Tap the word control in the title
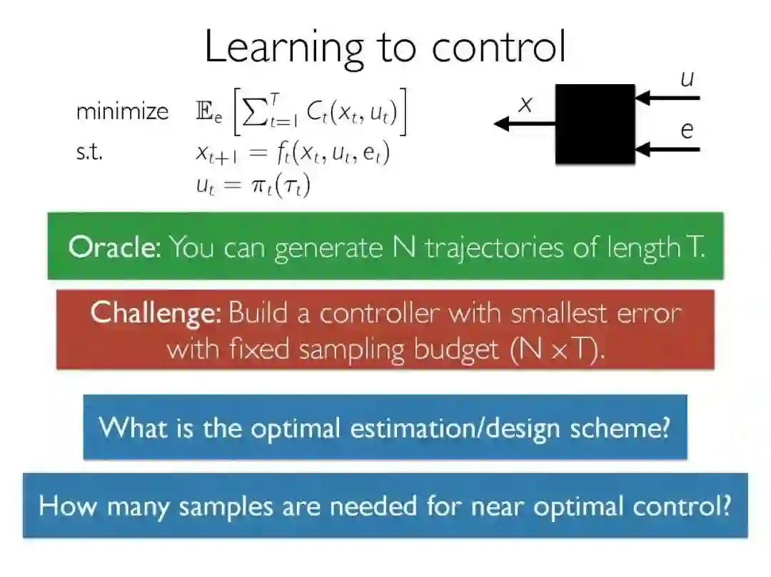pos(499,47)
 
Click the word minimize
pos(122,111)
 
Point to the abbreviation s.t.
pos(89,152)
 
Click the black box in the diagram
pos(595,124)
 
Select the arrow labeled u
pos(667,98)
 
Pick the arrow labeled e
pos(667,149)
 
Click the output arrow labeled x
pos(525,124)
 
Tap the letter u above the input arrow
pos(687,78)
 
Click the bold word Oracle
pos(114,247)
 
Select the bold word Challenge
pos(156,312)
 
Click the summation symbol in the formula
pos(254,112)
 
